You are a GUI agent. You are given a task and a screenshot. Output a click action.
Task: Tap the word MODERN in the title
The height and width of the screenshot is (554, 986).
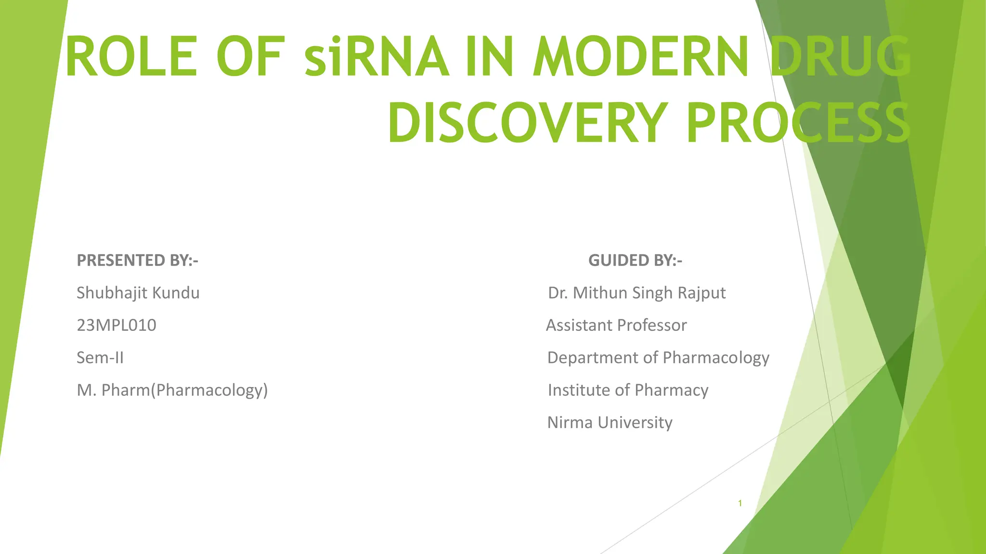[640, 57]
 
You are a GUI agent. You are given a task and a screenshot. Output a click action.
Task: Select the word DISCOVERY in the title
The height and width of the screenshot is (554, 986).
[528, 123]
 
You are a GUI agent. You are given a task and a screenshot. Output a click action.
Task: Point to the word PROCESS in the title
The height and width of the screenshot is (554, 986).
[798, 123]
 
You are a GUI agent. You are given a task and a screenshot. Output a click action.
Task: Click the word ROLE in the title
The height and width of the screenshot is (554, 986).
[131, 57]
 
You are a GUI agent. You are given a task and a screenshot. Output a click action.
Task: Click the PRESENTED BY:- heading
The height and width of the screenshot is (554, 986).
[138, 260]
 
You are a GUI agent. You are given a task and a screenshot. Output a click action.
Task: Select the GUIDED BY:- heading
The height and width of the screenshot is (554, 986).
[635, 260]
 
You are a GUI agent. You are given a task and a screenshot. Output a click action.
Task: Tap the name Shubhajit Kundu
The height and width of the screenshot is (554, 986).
[138, 292]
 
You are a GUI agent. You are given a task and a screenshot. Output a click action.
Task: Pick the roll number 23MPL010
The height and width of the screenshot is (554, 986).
[117, 325]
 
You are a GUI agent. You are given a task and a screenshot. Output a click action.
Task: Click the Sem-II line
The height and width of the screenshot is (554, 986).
[100, 357]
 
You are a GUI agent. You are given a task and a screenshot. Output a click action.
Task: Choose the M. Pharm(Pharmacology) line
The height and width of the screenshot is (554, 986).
[172, 390]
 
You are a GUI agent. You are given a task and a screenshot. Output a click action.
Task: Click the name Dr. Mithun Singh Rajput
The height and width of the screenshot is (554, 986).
[636, 292]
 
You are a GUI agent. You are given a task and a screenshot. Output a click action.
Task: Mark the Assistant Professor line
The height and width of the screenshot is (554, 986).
[616, 325]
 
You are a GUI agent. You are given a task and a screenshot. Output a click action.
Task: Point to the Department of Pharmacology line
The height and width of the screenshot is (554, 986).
[658, 357]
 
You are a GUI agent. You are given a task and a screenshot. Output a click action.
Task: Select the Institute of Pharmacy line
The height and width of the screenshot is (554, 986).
[628, 390]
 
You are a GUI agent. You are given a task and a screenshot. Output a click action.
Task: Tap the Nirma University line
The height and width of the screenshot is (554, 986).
[610, 422]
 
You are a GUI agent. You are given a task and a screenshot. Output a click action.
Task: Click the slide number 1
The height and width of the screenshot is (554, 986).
[740, 504]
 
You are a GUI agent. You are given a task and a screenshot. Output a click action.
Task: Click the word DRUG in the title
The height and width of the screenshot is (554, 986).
[840, 57]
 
